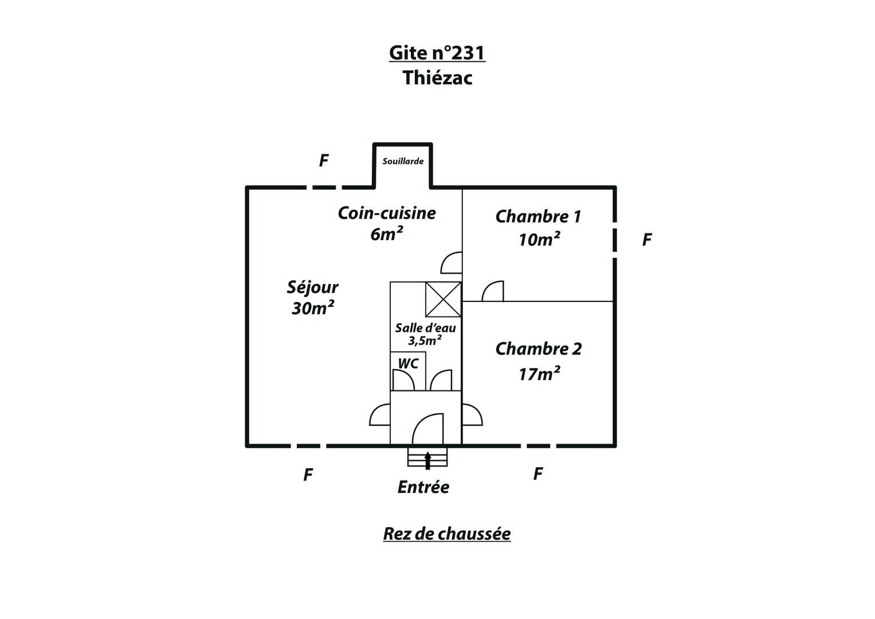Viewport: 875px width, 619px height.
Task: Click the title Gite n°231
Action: coord(437,53)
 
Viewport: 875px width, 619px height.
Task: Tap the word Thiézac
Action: coord(438,77)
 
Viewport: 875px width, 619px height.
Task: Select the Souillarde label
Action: coord(403,161)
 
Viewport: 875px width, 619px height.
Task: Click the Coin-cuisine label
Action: coord(387,213)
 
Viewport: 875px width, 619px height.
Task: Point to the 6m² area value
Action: coord(387,234)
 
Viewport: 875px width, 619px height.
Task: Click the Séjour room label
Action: coord(312,288)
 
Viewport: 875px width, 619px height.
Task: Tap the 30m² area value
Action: coord(312,308)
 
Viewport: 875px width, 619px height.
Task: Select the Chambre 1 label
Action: coord(538,217)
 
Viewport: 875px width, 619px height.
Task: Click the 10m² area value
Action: coord(539,239)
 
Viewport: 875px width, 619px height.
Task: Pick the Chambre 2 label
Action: coord(539,349)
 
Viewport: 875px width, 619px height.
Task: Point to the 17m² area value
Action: coord(539,374)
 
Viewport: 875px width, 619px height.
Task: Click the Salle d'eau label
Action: coord(425,328)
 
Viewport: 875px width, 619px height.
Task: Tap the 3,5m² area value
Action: coord(425,341)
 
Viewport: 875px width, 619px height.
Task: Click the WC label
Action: coord(408,364)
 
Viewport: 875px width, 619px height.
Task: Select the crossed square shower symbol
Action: coord(444,299)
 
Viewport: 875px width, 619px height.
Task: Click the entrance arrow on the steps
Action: coord(427,460)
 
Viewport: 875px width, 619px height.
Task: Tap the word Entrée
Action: coord(423,487)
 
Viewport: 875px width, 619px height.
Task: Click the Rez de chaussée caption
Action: coord(447,534)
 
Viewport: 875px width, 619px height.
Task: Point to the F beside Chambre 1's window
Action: coord(647,240)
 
